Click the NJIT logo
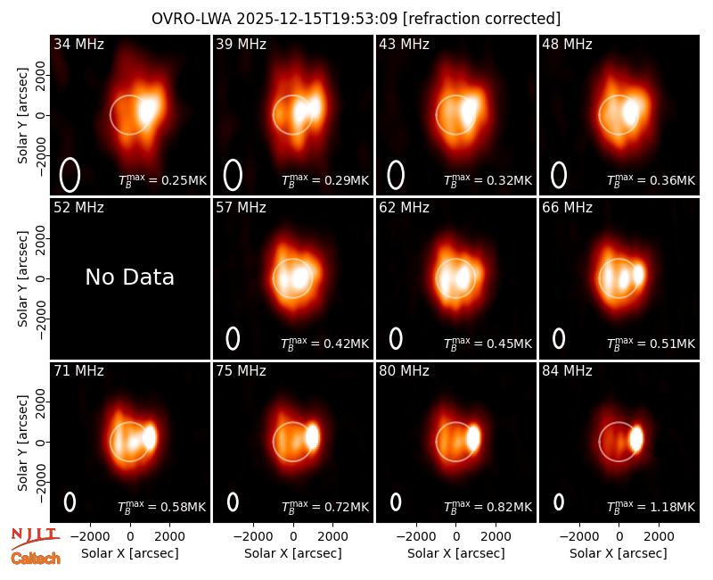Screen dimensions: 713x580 [35, 538]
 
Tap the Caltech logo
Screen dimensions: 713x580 [36, 559]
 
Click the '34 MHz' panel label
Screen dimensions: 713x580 [78, 44]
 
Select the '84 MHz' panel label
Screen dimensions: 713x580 [567, 371]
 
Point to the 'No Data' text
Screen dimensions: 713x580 [129, 277]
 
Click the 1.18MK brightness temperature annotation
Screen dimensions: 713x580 [652, 506]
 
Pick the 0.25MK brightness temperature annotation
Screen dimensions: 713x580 [162, 180]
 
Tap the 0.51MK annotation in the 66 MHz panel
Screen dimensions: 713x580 [652, 344]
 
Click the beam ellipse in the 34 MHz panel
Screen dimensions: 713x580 [70, 175]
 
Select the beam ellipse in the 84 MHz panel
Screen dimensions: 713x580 [559, 501]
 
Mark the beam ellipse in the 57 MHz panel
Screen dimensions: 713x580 [233, 338]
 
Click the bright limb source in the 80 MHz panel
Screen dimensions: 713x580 [473, 437]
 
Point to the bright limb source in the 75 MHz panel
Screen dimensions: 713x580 [313, 436]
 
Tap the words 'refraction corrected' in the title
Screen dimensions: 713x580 [482, 19]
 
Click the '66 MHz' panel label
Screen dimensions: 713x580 [567, 208]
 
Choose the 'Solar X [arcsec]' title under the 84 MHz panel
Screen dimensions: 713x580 [619, 553]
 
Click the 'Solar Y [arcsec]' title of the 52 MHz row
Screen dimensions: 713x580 [23, 278]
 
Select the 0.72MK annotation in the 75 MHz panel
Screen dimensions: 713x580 [325, 506]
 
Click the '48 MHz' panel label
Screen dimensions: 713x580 [567, 44]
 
